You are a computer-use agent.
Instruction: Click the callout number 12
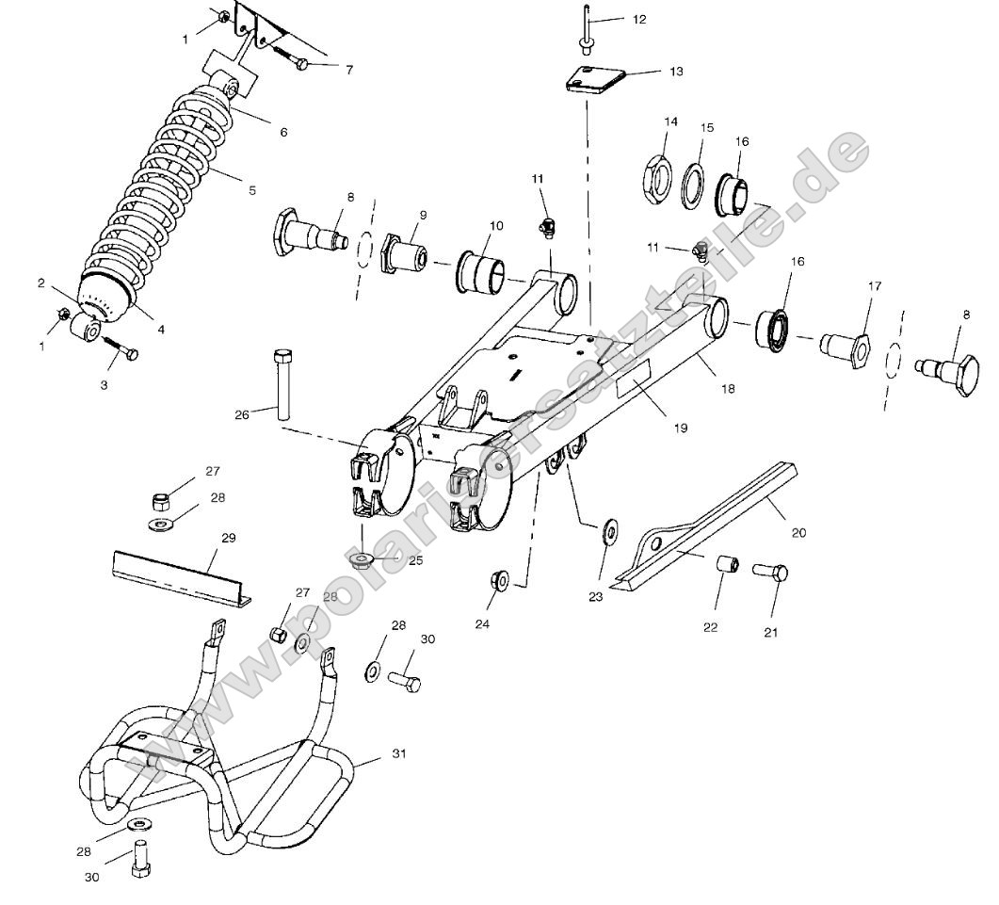[x=640, y=20]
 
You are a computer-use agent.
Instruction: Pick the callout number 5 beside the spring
[x=251, y=190]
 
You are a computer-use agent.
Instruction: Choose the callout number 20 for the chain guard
[x=798, y=533]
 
